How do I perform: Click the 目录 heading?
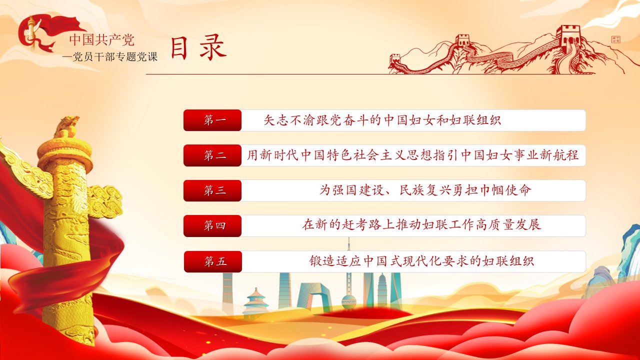199,47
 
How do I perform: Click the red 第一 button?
212,120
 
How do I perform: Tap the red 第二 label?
212,155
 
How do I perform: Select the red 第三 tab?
212,190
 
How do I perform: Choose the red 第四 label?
212,226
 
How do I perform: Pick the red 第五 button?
213,261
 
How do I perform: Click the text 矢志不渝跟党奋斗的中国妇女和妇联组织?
382,120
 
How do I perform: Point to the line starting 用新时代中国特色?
413,155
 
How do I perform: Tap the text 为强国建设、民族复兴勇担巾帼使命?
425,190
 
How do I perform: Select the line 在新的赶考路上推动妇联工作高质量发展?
421,225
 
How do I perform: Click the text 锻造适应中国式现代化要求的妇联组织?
421,261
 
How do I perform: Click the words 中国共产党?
101,40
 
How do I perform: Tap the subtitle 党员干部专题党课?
115,56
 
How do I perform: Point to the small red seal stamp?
615,39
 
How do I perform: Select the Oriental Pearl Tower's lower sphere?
348,302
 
